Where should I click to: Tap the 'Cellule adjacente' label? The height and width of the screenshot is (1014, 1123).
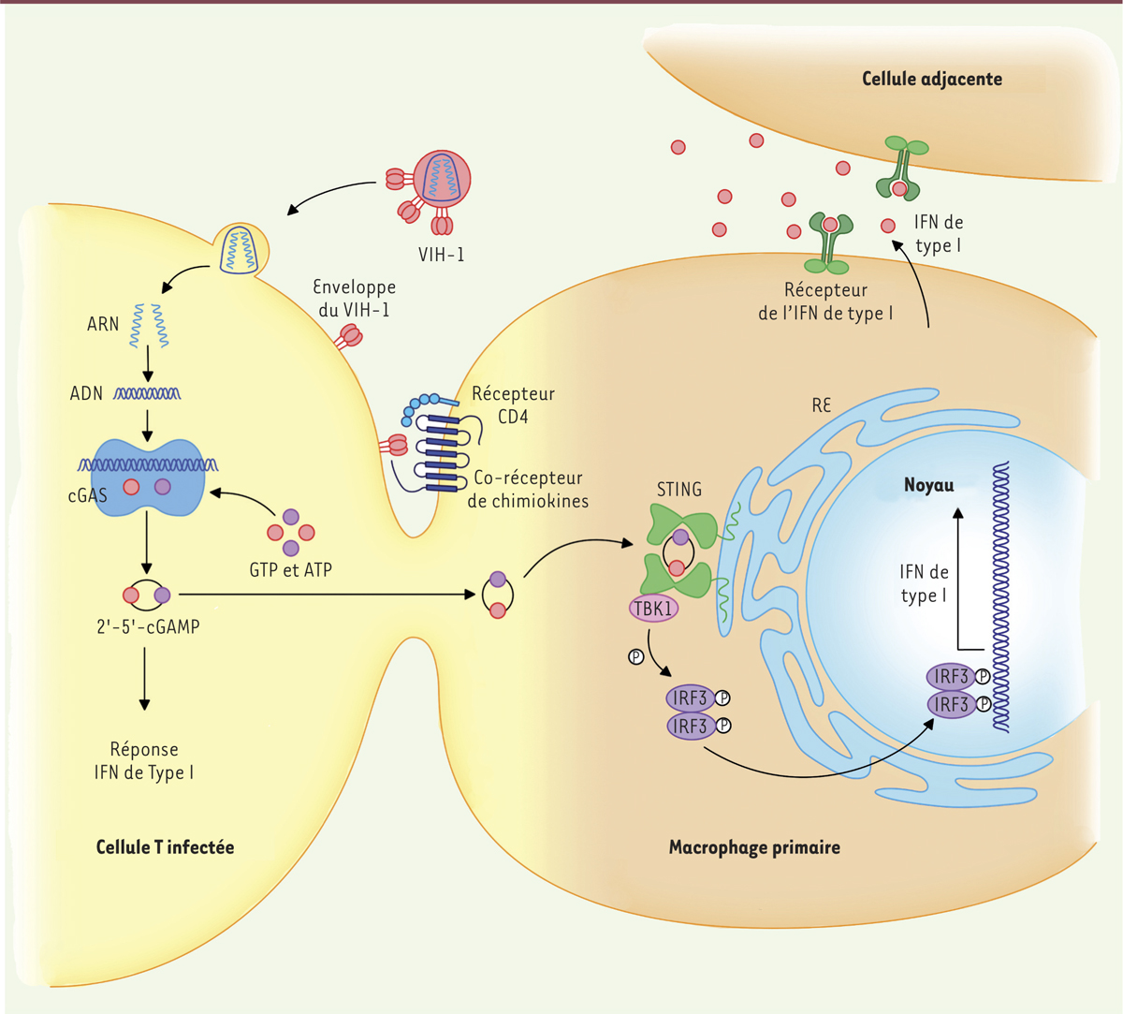pyautogui.click(x=931, y=79)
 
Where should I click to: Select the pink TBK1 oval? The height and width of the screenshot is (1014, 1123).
pyautogui.click(x=653, y=609)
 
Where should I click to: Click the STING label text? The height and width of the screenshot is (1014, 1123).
pyautogui.click(x=679, y=489)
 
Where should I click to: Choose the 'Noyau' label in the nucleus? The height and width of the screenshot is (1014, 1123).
pyautogui.click(x=928, y=485)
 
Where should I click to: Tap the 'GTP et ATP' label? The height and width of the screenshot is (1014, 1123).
pyautogui.click(x=291, y=569)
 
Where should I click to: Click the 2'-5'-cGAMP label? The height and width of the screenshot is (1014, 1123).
pyautogui.click(x=148, y=626)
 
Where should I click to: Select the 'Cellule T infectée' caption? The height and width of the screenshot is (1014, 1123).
pyautogui.click(x=165, y=847)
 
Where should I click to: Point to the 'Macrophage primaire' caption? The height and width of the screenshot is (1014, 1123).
pyautogui.click(x=754, y=848)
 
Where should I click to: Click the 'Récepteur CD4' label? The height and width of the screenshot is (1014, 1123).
pyautogui.click(x=513, y=404)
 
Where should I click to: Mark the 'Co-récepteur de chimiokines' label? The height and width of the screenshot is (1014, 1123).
pyautogui.click(x=529, y=489)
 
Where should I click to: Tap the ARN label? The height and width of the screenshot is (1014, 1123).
pyautogui.click(x=103, y=324)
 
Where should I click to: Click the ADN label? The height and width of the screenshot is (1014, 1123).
pyautogui.click(x=86, y=393)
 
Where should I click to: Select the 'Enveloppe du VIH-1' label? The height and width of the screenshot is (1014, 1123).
pyautogui.click(x=354, y=298)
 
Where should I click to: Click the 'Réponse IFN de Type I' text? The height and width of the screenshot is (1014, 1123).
pyautogui.click(x=144, y=761)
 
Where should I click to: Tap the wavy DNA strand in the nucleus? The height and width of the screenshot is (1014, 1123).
pyautogui.click(x=999, y=599)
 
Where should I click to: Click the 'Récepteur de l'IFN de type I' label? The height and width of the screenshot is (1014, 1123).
pyautogui.click(x=825, y=301)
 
